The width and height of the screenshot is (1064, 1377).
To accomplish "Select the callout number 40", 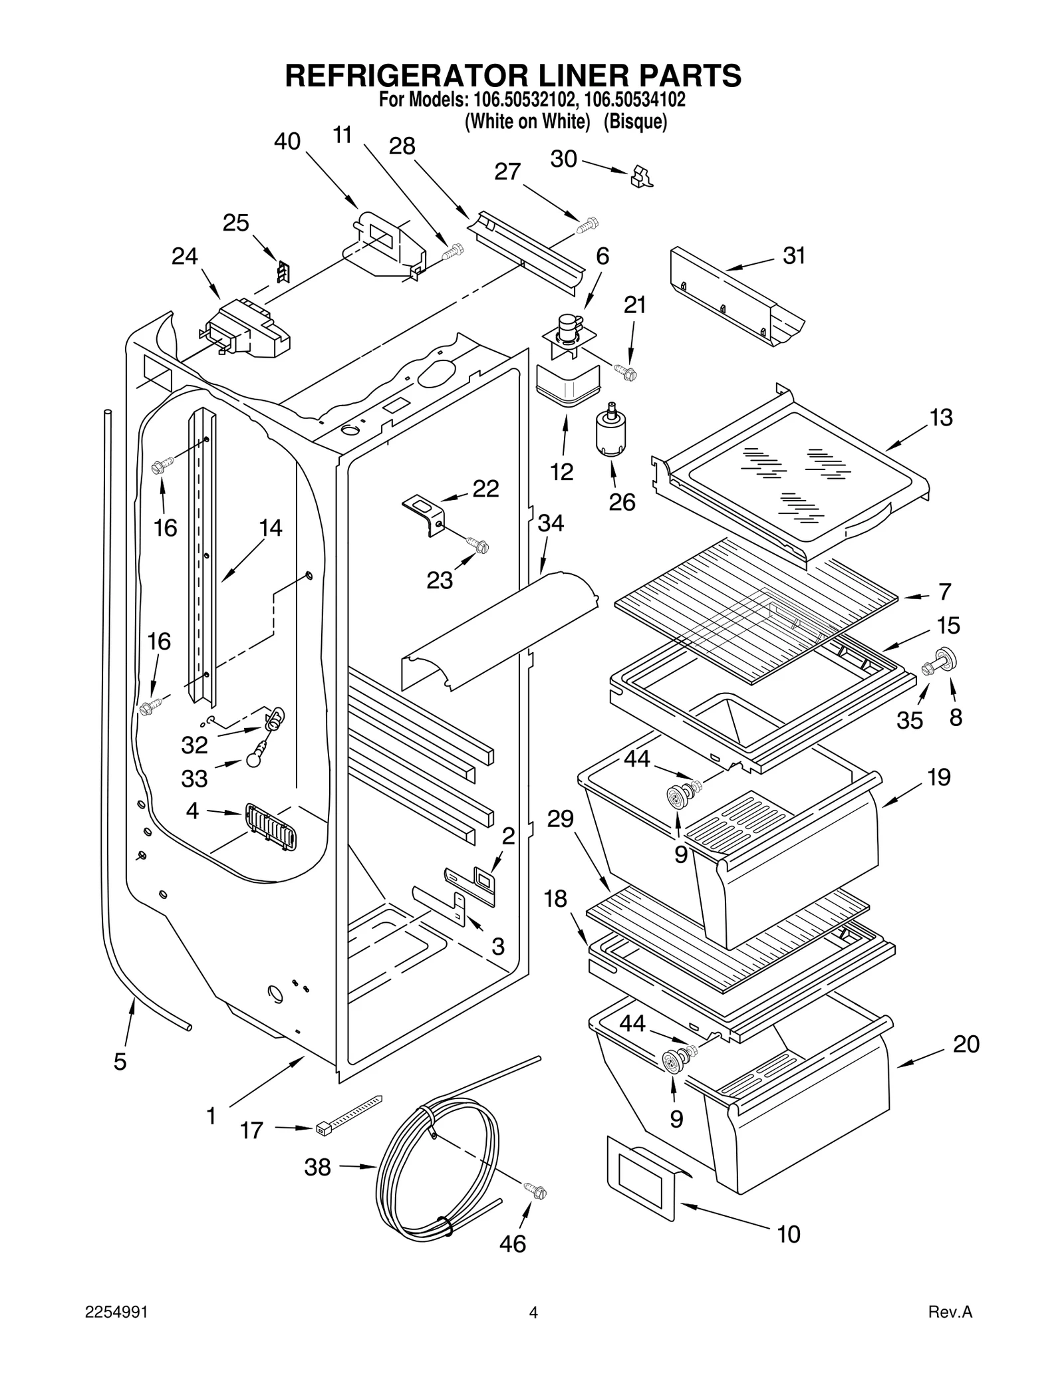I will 287,142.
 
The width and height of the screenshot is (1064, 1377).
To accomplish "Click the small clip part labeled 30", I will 641,176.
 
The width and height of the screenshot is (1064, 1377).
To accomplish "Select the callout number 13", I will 941,418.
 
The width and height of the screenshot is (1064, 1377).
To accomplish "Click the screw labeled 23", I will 478,546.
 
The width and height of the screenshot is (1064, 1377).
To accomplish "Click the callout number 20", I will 966,1044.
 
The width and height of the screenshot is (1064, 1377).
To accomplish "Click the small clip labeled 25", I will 284,271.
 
